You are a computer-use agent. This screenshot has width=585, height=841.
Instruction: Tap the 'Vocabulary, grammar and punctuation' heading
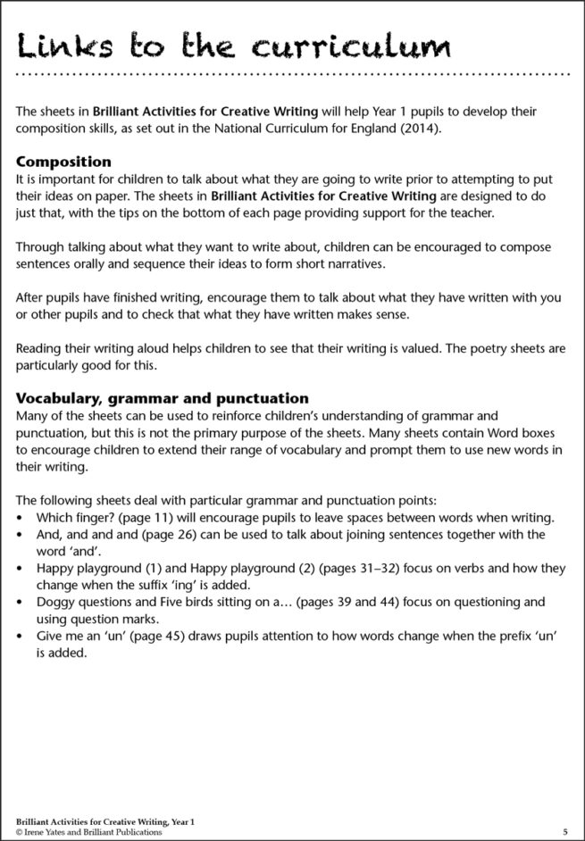point(163,398)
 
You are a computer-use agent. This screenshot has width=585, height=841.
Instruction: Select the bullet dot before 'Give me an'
point(21,636)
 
